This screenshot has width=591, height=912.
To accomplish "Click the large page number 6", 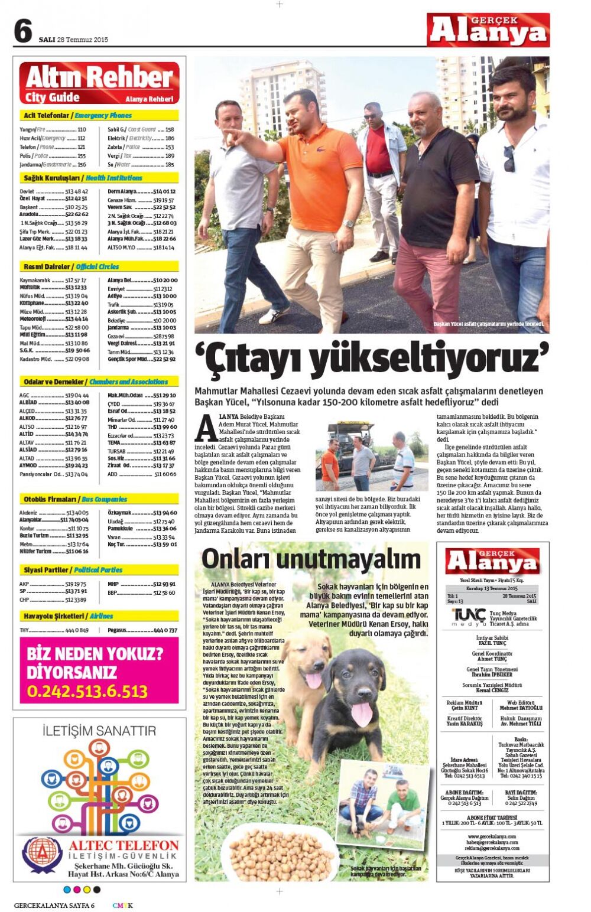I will click(22, 31).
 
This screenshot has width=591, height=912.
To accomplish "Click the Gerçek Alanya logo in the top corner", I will click(488, 30).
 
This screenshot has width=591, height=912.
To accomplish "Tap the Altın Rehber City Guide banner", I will click(99, 83).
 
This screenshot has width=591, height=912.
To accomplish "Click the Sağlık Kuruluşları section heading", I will click(53, 178).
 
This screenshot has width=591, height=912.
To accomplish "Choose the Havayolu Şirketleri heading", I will click(54, 616).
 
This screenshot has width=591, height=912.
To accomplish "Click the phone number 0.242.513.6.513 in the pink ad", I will click(87, 691).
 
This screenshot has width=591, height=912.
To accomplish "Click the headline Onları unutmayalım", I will click(311, 559).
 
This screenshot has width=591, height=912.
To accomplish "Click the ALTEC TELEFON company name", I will click(124, 845).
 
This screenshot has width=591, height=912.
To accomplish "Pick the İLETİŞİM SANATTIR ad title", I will click(99, 731).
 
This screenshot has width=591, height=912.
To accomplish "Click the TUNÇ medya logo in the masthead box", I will click(469, 618).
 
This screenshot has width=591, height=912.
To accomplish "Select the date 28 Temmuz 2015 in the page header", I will click(82, 40).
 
